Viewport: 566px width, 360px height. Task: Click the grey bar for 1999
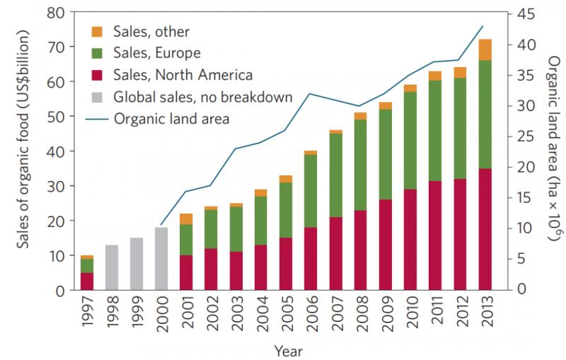137,264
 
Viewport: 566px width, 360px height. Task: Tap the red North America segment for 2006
310,259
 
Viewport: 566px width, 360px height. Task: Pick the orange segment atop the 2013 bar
485,50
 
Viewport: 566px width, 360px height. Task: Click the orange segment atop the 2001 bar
186,219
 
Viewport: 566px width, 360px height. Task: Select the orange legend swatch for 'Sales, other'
98,31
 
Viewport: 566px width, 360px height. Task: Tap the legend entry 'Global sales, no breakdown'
202,96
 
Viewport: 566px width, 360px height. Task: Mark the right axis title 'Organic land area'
553,152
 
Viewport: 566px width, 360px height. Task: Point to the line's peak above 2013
483,26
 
